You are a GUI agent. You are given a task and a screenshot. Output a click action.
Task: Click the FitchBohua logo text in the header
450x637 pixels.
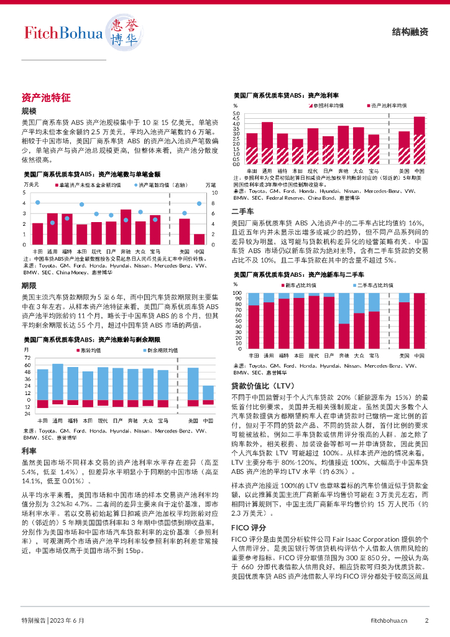pos(63,33)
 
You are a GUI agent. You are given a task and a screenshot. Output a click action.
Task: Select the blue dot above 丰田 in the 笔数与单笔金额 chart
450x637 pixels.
pos(38,203)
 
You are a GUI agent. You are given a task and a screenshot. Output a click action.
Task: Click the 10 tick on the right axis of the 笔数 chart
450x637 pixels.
pos(214,193)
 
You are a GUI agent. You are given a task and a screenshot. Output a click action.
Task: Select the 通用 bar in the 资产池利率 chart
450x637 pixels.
pos(267,143)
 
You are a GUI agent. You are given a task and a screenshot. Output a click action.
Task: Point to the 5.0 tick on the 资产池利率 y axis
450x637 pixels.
pos(236,114)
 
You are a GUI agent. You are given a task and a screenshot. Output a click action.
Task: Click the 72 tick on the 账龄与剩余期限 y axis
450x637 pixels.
pos(27,358)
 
